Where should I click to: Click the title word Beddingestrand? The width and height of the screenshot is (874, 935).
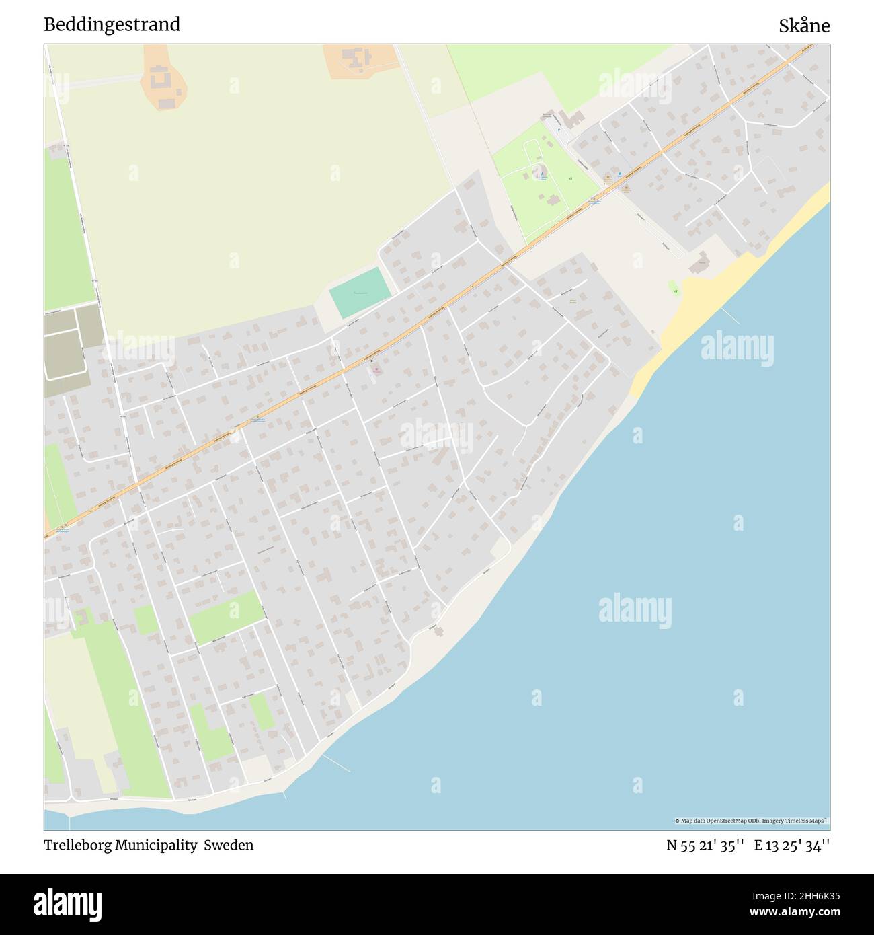[112, 25]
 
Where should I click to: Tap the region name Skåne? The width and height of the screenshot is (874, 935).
[804, 26]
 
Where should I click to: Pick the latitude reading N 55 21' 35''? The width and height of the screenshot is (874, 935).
[705, 845]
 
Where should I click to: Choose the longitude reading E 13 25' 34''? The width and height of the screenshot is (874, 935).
[791, 845]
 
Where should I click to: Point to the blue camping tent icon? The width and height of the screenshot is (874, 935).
[543, 174]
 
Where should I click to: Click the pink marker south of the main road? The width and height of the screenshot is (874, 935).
[376, 369]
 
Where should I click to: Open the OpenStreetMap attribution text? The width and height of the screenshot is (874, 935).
[751, 821]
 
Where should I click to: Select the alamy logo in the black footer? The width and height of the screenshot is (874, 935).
[67, 904]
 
